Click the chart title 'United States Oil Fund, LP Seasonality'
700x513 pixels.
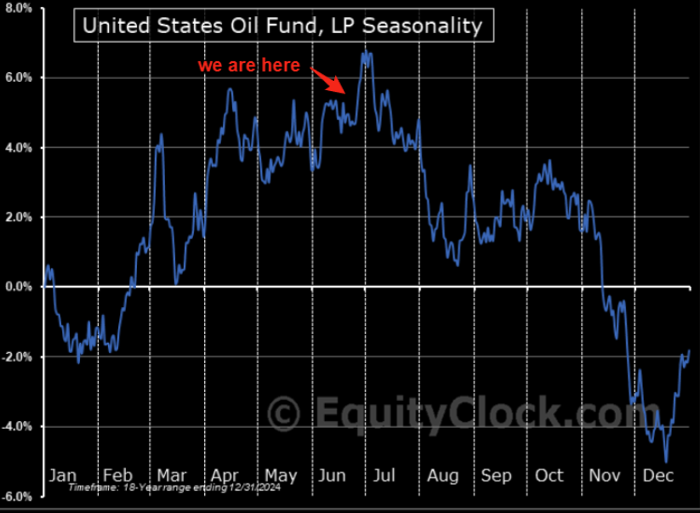coord(281,26)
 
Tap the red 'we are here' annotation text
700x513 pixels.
coord(248,66)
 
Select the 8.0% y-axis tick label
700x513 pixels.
coord(18,9)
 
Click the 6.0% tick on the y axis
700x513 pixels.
coord(18,78)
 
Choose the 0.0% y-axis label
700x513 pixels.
coord(18,288)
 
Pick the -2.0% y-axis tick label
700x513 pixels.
coord(16,357)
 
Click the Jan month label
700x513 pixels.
coord(63,475)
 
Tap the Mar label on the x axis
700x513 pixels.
coord(172,475)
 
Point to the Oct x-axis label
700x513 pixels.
coord(549,475)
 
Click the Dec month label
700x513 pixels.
coord(658,475)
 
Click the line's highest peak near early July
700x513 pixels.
coord(366,53)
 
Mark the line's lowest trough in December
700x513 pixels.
coord(666,461)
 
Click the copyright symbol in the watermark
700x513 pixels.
coord(284,414)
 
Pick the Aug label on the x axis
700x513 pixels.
coord(443,475)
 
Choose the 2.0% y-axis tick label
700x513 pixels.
coord(18,218)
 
